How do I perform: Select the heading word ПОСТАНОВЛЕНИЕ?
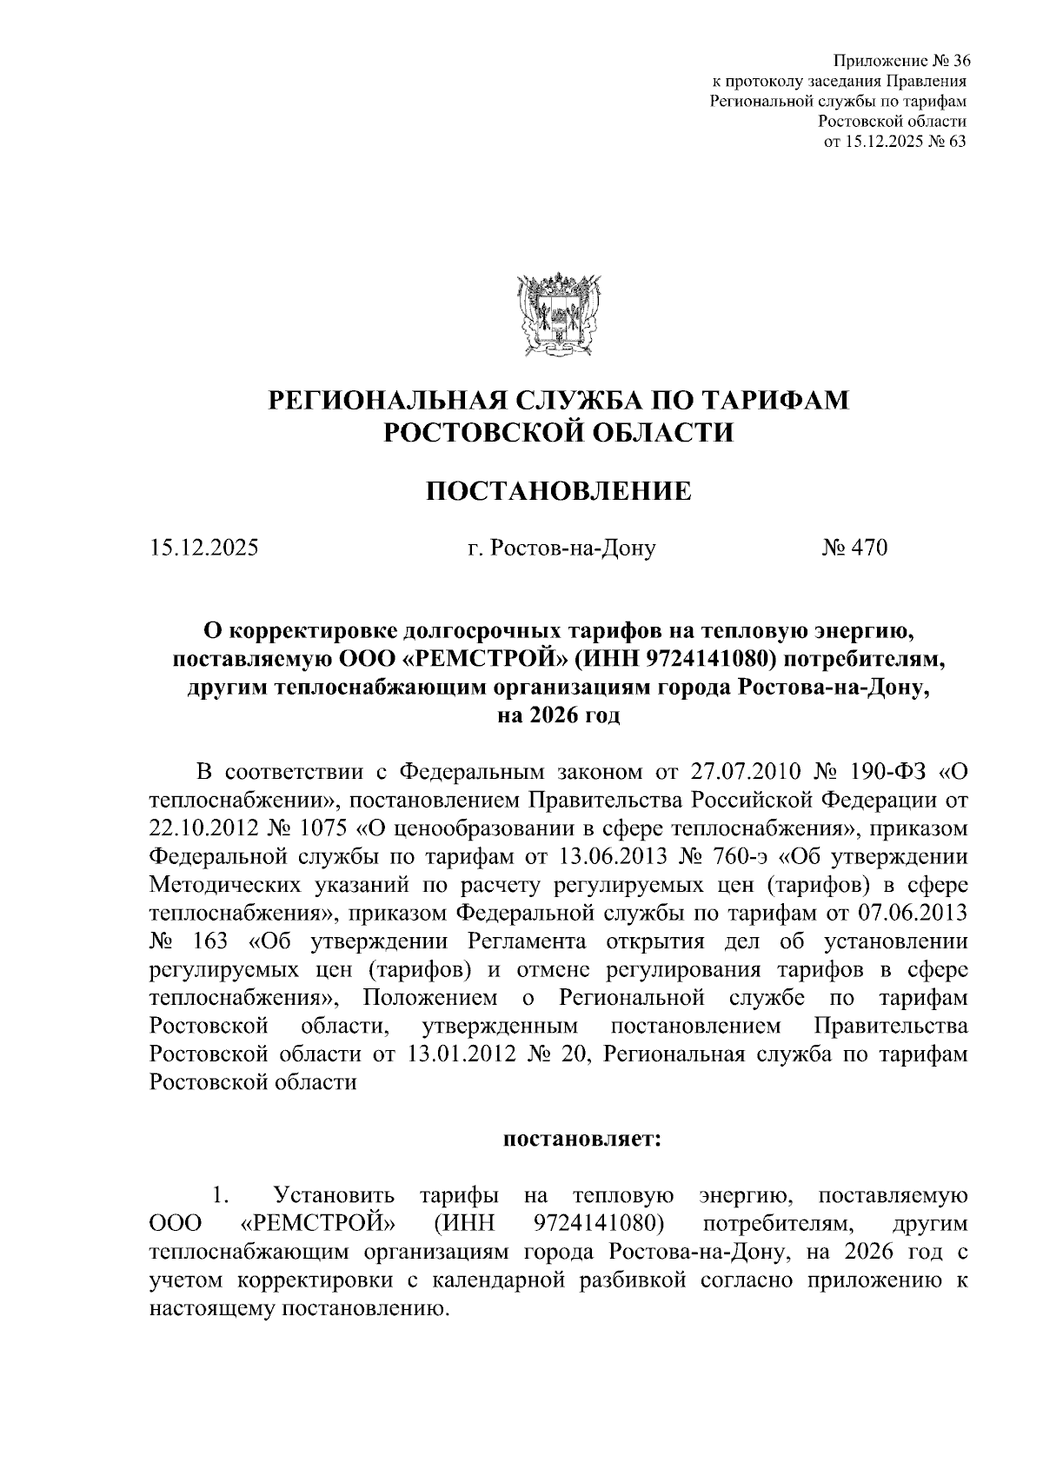coord(558,491)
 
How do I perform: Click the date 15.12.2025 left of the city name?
coord(204,548)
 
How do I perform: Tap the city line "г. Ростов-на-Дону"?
coord(561,548)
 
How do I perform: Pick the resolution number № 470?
coord(854,548)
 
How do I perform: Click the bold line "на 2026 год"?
coord(558,715)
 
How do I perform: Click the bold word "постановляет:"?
coord(583,1139)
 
